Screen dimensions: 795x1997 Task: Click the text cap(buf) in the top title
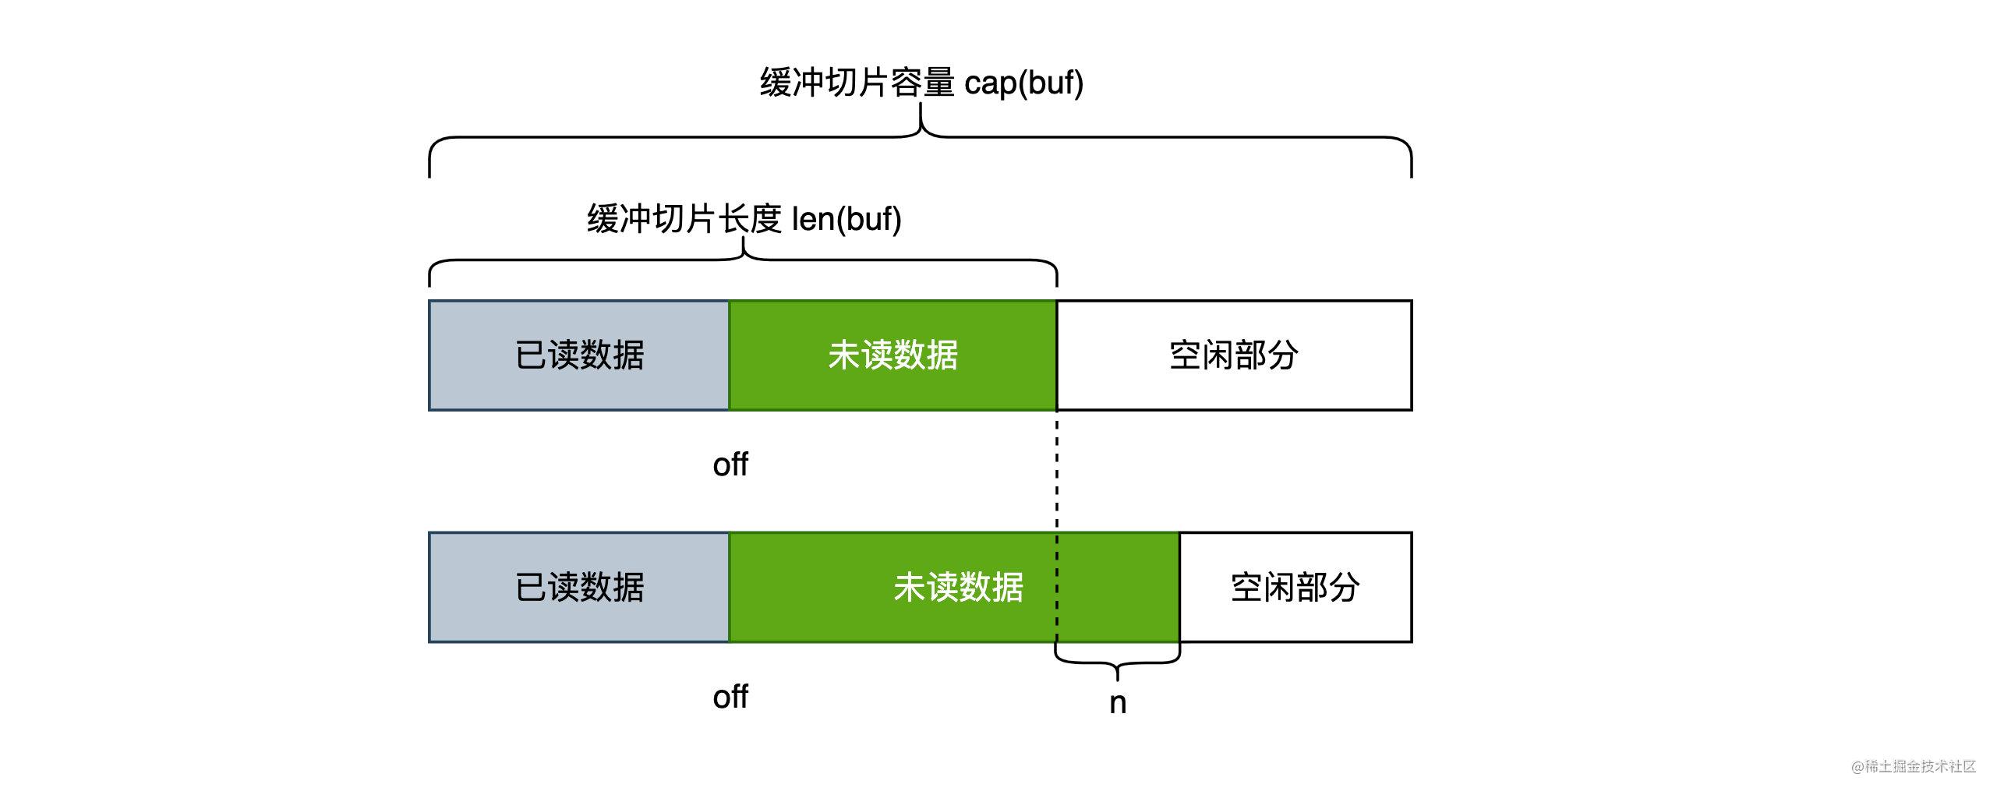tap(1023, 83)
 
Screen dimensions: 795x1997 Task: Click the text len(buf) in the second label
tap(847, 219)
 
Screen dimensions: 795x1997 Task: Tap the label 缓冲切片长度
tap(684, 219)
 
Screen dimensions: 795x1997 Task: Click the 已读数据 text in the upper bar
tap(579, 355)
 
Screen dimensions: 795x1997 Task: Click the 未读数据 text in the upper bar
tap(892, 355)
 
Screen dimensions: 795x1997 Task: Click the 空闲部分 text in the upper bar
tap(1233, 355)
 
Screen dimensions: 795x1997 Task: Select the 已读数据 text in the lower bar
tap(579, 588)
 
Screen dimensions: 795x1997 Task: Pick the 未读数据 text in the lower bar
tap(958, 588)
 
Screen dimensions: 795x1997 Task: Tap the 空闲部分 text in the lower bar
tap(1295, 588)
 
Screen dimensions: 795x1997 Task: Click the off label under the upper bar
tap(730, 465)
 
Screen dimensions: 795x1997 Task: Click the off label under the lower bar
tap(730, 697)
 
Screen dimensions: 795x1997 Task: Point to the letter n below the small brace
tap(1118, 704)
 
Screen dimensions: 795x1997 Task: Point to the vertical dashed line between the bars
tap(1057, 475)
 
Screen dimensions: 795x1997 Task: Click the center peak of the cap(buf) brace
tap(921, 117)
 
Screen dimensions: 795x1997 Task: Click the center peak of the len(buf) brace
tap(744, 248)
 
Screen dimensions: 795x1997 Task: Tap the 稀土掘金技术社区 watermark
tap(1914, 766)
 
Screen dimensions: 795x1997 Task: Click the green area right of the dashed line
tap(1119, 588)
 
